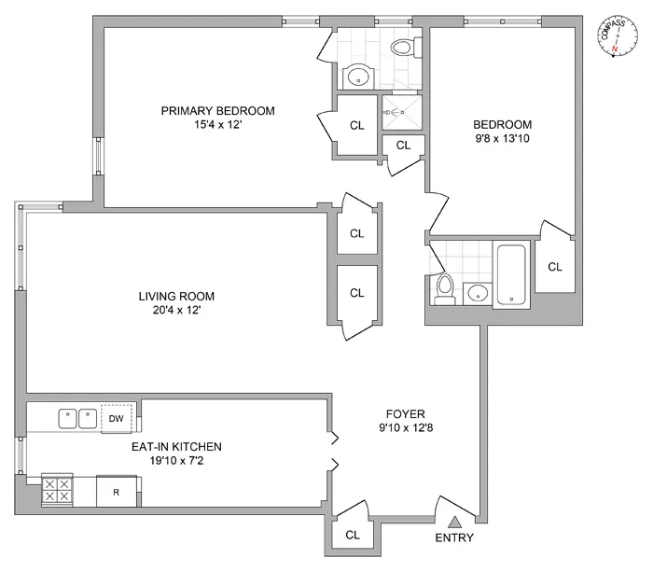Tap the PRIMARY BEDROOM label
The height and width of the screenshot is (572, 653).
click(x=217, y=111)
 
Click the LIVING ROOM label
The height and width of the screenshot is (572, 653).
click(x=183, y=297)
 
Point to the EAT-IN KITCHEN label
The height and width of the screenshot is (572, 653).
click(x=176, y=446)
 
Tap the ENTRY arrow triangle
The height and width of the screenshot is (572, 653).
click(x=453, y=523)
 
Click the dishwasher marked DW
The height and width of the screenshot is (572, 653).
click(x=117, y=418)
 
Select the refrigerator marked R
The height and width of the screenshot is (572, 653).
click(x=118, y=491)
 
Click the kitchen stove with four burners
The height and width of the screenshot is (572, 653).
click(x=57, y=490)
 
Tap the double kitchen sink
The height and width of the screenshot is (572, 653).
click(x=77, y=418)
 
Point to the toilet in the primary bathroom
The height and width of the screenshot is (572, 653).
click(x=402, y=47)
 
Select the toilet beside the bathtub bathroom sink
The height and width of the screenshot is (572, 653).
click(x=445, y=288)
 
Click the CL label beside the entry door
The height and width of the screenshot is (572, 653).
click(x=353, y=535)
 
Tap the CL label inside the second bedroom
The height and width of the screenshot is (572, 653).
click(x=555, y=267)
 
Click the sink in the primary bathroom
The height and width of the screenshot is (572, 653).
click(x=356, y=77)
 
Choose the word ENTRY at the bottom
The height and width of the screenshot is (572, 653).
click(x=453, y=538)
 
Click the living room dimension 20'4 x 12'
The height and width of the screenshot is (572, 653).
click(x=183, y=311)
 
